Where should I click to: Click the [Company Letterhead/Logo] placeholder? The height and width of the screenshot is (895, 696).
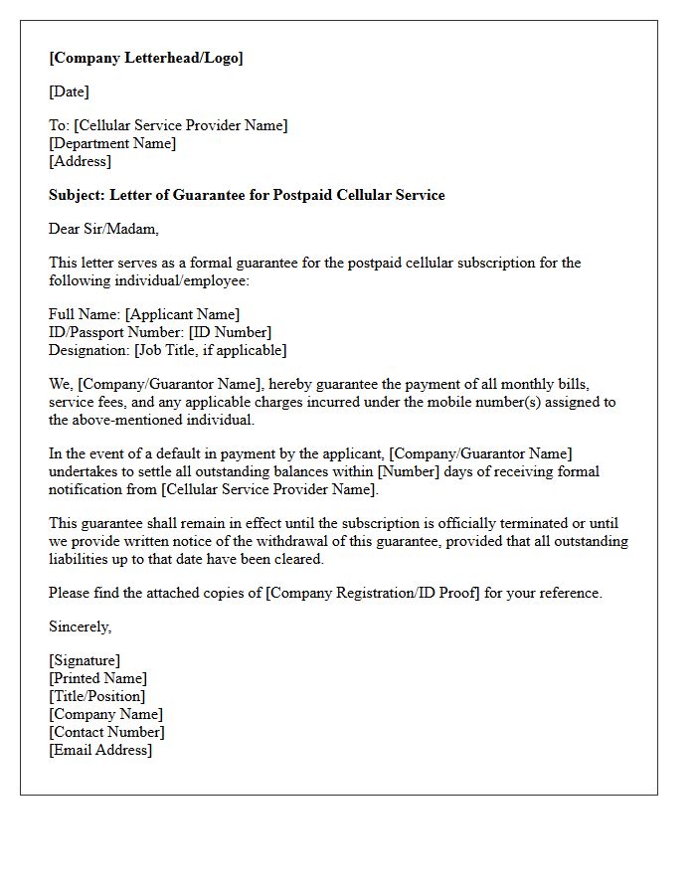(x=146, y=58)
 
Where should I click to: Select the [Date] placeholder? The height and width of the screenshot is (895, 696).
(x=69, y=91)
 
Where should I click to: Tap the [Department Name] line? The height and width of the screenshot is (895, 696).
(x=112, y=143)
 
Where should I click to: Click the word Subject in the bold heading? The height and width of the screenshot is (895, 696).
(x=75, y=195)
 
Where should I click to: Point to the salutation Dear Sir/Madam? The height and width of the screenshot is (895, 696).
(x=103, y=229)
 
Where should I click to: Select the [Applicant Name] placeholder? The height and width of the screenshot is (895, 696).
(x=182, y=314)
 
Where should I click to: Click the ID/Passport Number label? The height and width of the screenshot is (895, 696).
(x=116, y=332)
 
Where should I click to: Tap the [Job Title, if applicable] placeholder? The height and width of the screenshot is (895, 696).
(x=210, y=350)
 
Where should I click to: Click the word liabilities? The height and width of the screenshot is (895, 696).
(x=83, y=559)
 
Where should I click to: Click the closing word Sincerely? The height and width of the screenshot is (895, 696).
(x=80, y=626)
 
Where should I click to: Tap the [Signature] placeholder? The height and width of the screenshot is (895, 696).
(x=85, y=660)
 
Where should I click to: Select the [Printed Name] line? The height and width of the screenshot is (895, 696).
(x=97, y=678)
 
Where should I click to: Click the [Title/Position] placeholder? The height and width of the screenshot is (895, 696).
(x=96, y=696)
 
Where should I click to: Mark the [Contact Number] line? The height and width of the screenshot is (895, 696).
(x=106, y=732)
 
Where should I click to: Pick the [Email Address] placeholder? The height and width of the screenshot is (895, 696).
(x=100, y=750)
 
